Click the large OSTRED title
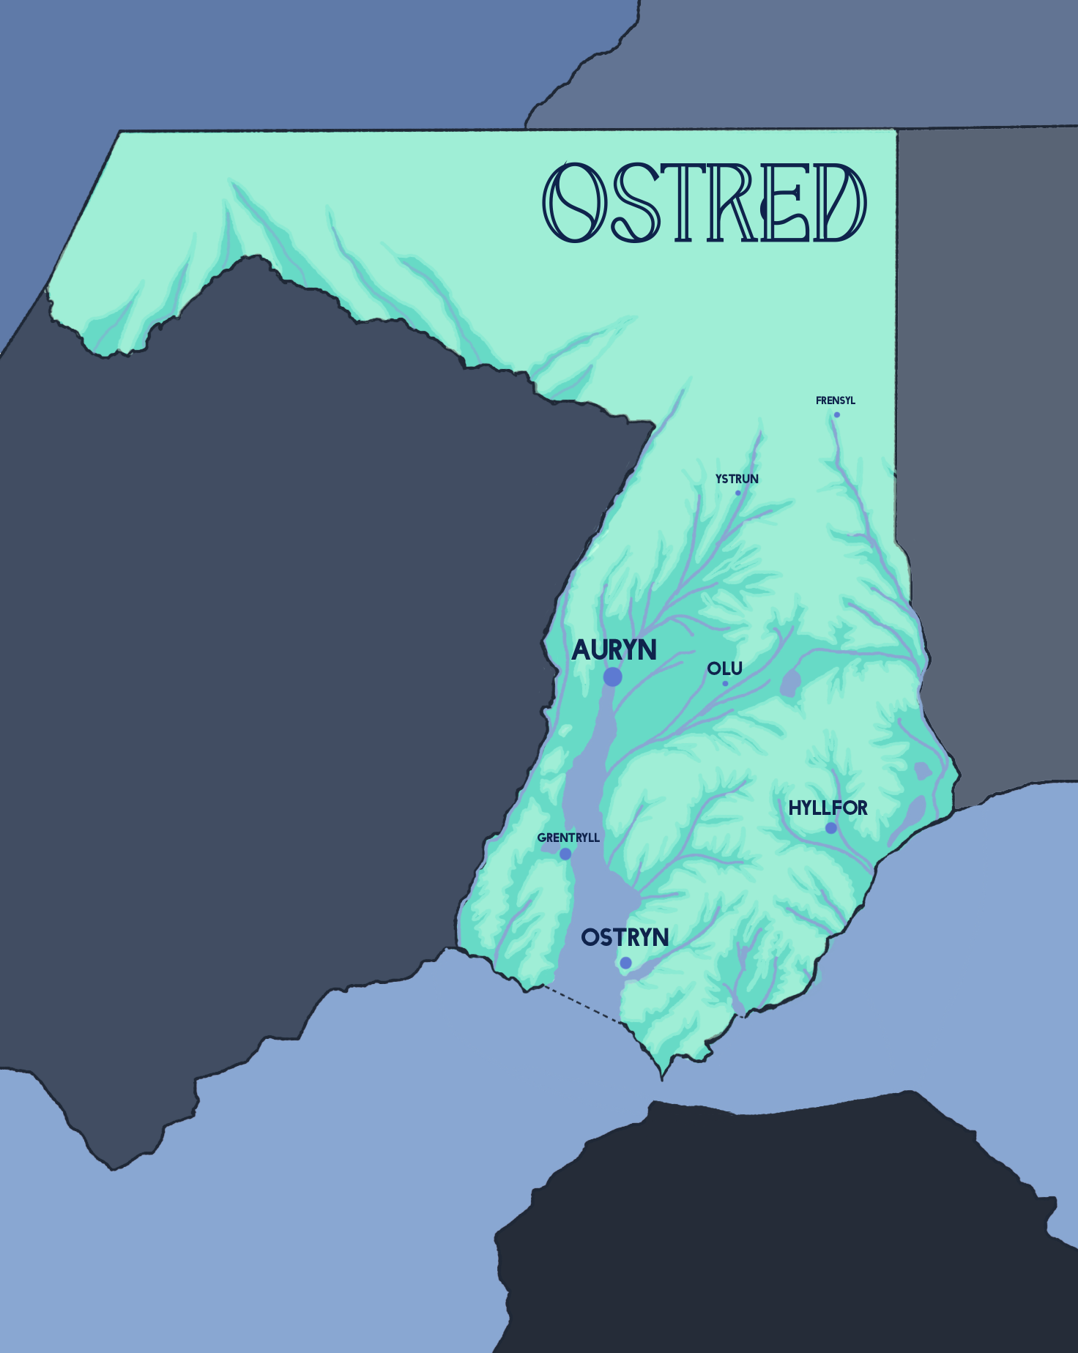coord(705,203)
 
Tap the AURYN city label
coord(614,650)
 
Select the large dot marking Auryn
coord(613,677)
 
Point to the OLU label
coord(725,668)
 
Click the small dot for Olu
coord(725,684)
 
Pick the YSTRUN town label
coord(737,479)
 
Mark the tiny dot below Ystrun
coord(738,493)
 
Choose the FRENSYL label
coord(836,400)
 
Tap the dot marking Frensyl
coord(837,415)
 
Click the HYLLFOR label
coord(828,808)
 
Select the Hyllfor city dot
coord(831,828)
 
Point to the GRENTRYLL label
coord(568,838)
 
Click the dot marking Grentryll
coord(565,854)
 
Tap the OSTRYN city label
coord(625,937)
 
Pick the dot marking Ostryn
coord(625,963)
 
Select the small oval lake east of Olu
coord(790,683)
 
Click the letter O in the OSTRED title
coord(574,203)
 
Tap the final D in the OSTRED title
coord(839,203)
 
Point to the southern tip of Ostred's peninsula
coord(662,1076)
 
